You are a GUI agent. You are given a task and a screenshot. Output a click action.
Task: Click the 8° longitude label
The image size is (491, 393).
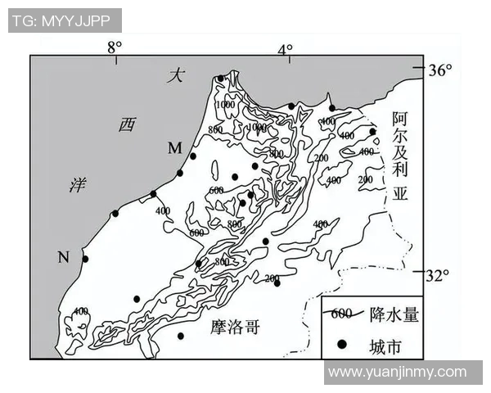[114, 47]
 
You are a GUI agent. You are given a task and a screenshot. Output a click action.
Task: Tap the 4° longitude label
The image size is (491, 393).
[285, 49]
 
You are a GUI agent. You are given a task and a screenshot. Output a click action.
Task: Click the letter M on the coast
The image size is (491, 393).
[174, 147]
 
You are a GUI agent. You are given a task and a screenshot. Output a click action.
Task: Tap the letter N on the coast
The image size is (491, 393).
[63, 258]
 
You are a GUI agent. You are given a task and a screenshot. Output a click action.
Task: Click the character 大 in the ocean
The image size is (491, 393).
[173, 76]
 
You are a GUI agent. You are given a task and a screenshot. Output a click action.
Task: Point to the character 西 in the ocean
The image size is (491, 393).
[126, 124]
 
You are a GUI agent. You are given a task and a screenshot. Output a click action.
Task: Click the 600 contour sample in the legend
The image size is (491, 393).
[342, 314]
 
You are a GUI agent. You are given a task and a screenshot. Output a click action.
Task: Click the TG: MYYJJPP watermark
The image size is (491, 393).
[65, 20]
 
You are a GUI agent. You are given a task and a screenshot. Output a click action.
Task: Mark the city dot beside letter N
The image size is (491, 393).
[84, 259]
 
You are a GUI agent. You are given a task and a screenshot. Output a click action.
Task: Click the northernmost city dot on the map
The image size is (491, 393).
[220, 79]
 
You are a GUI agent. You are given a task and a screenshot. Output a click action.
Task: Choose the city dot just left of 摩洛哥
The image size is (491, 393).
[181, 335]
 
